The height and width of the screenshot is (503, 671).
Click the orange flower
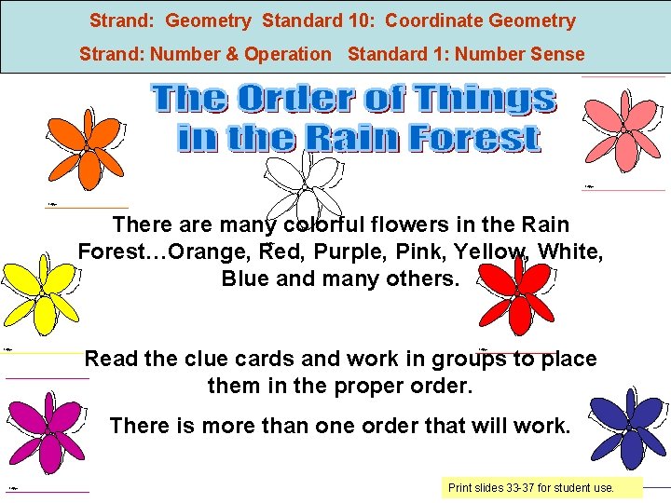[x=86, y=149]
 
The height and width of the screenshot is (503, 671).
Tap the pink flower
[x=623, y=130]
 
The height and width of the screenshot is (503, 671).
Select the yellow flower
[x=42, y=293]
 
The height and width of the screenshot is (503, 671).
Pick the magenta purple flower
[x=50, y=433]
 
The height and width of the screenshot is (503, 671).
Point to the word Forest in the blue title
[x=474, y=139]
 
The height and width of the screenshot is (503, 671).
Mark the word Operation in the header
[x=286, y=54]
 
